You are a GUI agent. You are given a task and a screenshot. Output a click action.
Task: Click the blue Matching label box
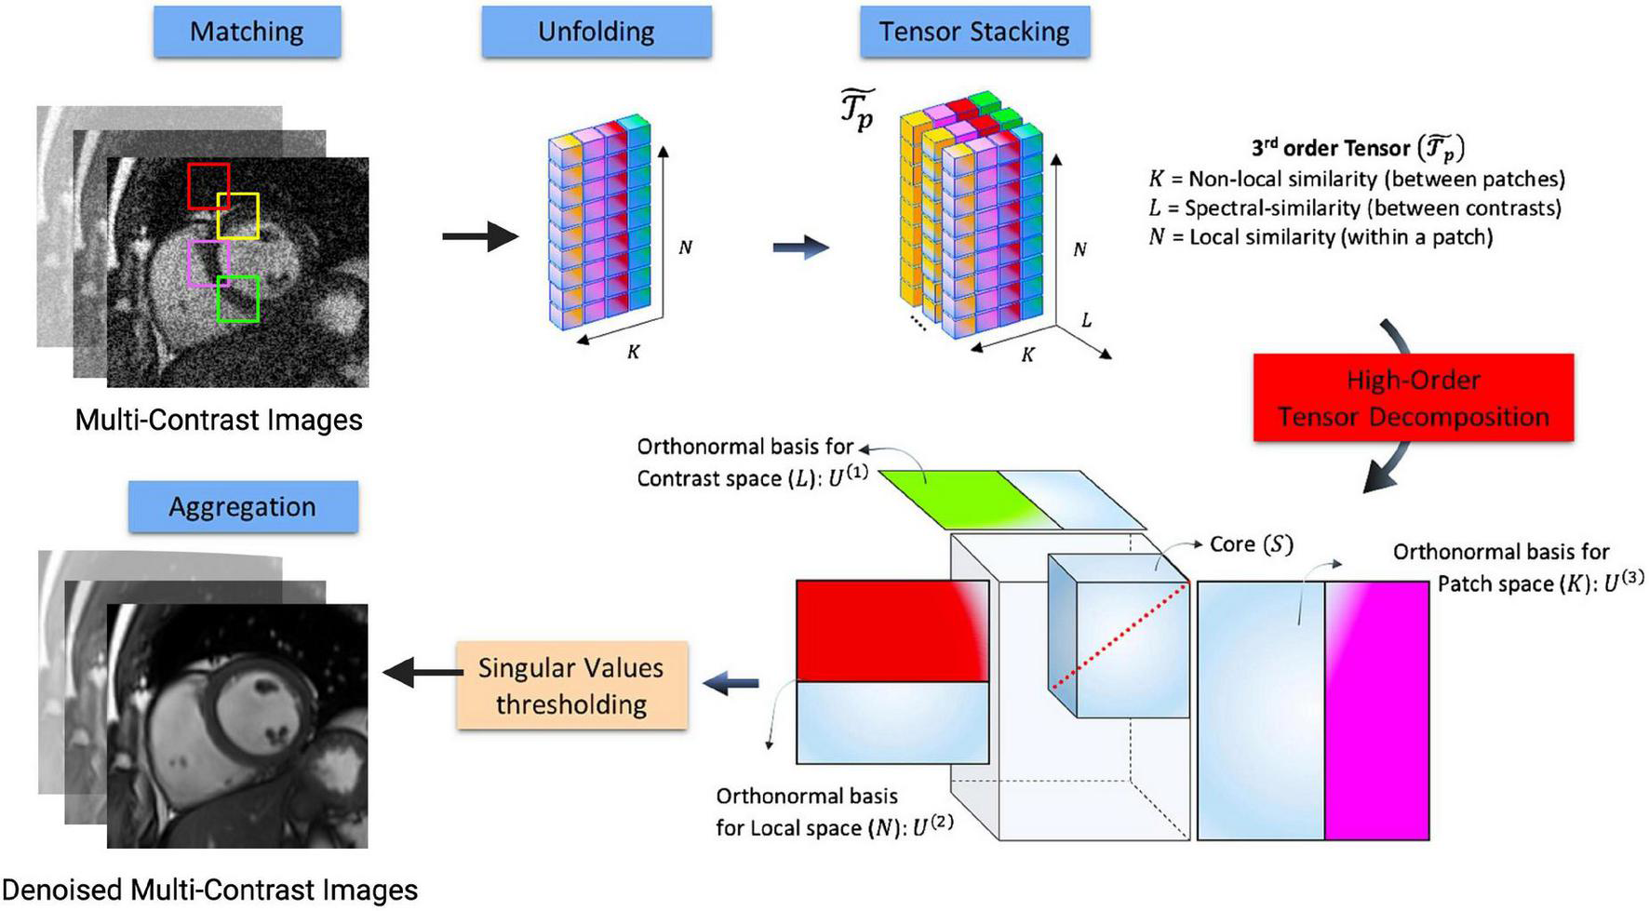247,32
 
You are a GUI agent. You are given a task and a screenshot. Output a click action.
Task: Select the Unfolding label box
596,32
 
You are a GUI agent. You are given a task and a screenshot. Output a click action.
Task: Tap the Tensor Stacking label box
973,32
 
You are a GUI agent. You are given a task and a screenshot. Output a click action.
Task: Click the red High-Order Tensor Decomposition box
1413,397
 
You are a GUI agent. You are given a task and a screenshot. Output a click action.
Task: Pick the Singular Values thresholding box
571,685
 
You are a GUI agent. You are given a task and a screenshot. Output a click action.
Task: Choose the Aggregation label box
242,506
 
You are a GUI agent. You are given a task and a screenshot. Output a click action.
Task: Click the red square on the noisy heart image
208,185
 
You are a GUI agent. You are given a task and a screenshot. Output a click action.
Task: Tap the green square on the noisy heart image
237,299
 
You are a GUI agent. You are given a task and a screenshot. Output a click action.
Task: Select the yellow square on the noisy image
238,216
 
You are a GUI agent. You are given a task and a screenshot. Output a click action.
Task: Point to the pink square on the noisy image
208,263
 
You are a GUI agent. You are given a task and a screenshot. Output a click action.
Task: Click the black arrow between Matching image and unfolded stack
479,236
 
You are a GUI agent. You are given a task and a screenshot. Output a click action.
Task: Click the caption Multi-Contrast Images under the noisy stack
219,420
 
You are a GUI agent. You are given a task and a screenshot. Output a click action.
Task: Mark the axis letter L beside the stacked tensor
1086,320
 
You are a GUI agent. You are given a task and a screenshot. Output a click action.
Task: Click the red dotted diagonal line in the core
1119,636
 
